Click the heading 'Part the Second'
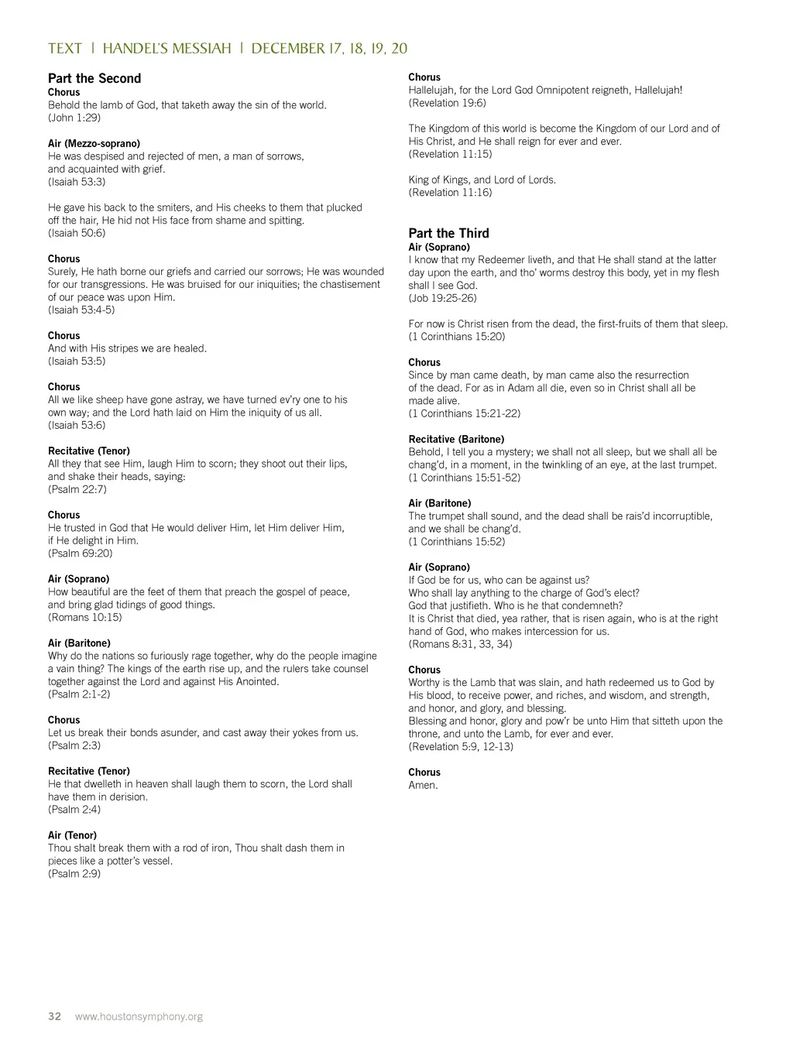click(x=94, y=78)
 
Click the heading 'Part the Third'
click(x=448, y=233)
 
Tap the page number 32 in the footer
click(x=54, y=1016)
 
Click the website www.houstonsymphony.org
click(x=139, y=1016)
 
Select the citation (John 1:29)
click(x=74, y=118)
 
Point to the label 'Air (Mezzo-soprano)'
click(x=94, y=143)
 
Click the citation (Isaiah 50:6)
click(x=77, y=233)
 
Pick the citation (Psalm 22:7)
click(x=77, y=489)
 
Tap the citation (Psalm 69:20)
click(x=80, y=553)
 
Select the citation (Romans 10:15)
click(x=84, y=618)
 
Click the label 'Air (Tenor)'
click(x=72, y=835)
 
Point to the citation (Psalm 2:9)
click(x=74, y=874)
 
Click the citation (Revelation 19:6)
click(x=447, y=103)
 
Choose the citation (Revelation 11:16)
click(x=450, y=193)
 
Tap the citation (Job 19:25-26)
click(x=442, y=298)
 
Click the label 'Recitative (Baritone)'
click(x=456, y=439)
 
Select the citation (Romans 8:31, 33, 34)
click(x=460, y=644)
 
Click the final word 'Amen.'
click(x=423, y=785)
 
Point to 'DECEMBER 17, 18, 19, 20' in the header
click(x=329, y=48)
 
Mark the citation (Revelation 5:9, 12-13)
click(x=461, y=747)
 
